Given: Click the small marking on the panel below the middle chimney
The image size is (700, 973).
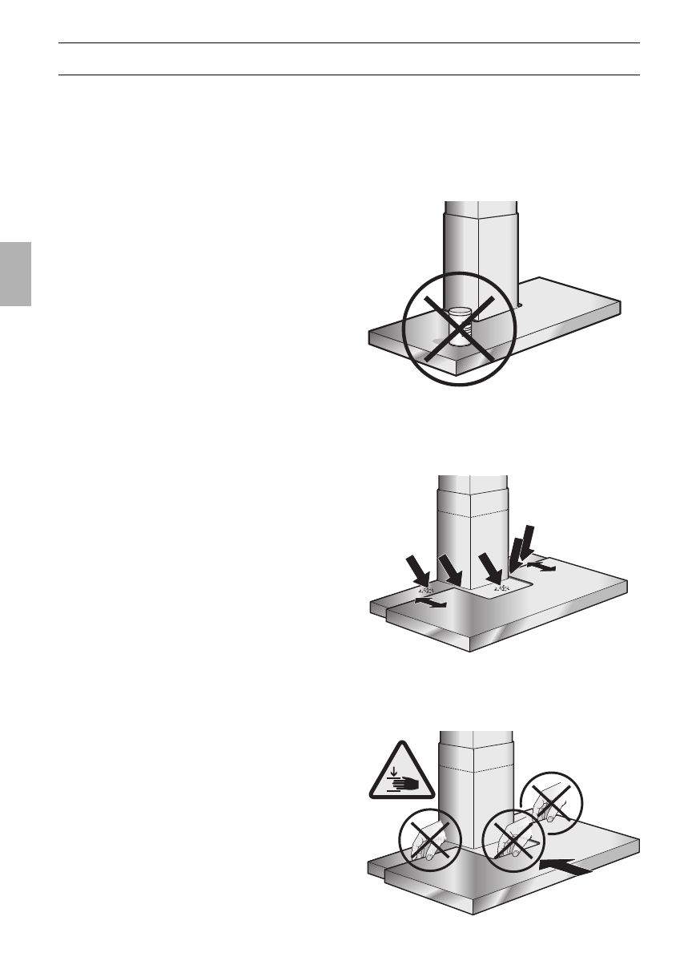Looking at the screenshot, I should [501, 587].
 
